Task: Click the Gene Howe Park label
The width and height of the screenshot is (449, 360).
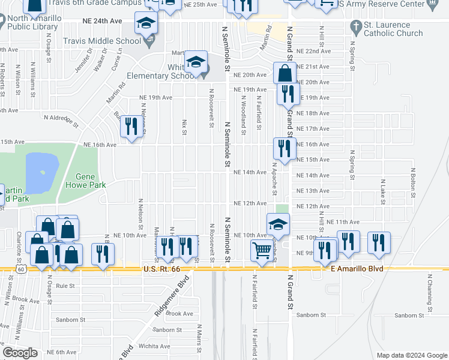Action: tap(90, 181)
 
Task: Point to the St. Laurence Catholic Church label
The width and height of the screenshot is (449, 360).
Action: tap(393, 29)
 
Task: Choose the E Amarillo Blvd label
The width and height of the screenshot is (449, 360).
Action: tap(357, 269)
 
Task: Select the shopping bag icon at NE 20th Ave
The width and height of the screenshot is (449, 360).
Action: tap(285, 74)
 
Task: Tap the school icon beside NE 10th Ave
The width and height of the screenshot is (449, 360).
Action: tap(278, 225)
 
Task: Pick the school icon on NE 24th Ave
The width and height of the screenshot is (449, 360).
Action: tap(145, 23)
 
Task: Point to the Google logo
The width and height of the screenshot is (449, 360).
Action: tap(20, 353)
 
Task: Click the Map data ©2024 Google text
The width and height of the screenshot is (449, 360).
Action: tap(411, 355)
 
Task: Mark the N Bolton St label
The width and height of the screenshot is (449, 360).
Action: tap(413, 182)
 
